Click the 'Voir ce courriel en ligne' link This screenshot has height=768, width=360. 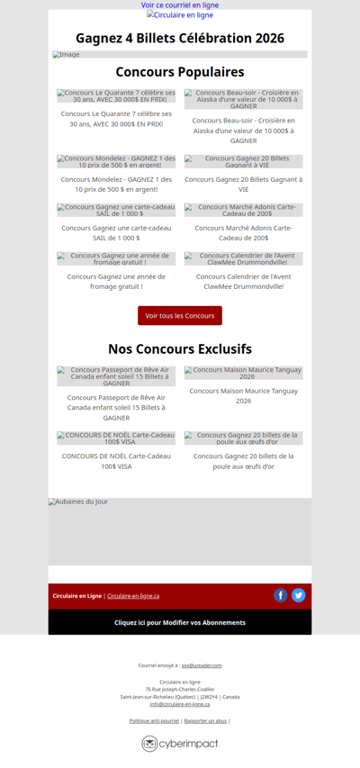click(180, 5)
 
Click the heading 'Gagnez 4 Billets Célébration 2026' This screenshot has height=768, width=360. click(180, 38)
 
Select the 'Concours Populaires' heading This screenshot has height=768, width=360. click(180, 72)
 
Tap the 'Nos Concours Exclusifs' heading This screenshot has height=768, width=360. click(180, 348)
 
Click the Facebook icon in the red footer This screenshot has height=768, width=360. click(281, 595)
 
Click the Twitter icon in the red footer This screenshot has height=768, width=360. click(299, 595)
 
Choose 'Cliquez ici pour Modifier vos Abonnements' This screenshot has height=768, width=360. click(180, 622)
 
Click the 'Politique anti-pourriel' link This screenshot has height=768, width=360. click(154, 720)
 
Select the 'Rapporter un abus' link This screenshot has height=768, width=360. click(205, 720)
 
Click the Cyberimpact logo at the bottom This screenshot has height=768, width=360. click(180, 744)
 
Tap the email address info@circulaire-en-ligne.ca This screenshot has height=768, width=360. click(180, 704)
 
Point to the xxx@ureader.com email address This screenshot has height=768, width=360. click(202, 665)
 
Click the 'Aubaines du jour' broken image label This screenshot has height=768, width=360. click(78, 501)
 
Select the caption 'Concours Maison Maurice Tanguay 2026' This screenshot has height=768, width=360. click(244, 395)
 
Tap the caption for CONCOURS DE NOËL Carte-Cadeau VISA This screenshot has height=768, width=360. click(117, 461)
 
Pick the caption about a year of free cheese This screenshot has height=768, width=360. click(117, 281)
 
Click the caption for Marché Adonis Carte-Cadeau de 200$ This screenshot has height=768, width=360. click(244, 232)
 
